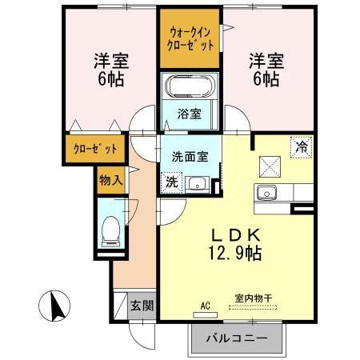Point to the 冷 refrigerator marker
click(300, 147)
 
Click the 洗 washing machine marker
click(172, 182)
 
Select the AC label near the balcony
click(206, 305)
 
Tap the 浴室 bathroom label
click(190, 114)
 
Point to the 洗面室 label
click(190, 158)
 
